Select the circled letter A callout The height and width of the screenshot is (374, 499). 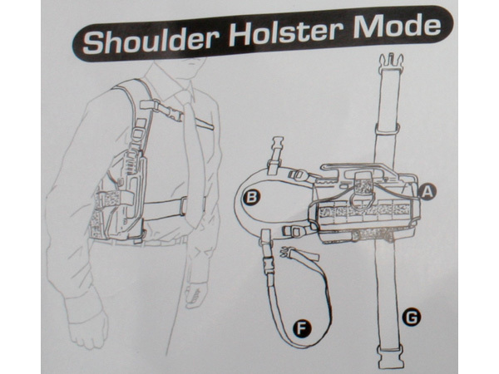tap(427, 191)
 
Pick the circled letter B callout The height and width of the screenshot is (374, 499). tap(252, 198)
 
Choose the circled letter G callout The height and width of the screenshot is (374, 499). tap(412, 317)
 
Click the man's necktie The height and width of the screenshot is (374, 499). tap(193, 159)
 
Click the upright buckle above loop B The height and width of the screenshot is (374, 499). tap(275, 155)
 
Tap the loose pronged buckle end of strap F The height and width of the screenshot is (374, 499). tap(288, 253)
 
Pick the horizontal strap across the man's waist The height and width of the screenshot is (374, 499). tap(166, 209)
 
